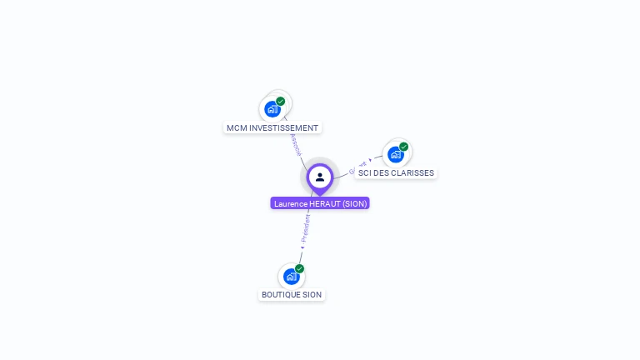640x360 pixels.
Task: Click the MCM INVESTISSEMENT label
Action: [272, 128]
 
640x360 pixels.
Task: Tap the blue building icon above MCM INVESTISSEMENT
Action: [272, 109]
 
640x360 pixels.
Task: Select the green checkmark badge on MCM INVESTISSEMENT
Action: [281, 102]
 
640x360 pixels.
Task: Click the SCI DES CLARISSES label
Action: [396, 173]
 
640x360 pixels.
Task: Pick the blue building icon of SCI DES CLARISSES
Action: [395, 154]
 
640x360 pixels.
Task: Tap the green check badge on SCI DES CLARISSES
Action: [404, 147]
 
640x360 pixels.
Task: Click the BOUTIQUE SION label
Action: [292, 295]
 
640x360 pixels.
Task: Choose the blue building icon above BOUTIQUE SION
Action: [291, 276]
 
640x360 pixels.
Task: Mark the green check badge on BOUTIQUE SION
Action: [300, 268]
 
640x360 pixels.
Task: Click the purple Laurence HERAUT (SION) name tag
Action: [320, 203]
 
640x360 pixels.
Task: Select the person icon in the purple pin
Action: [320, 177]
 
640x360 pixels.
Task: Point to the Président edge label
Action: [306, 228]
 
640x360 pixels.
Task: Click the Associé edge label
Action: [296, 144]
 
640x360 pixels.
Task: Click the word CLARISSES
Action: [413, 173]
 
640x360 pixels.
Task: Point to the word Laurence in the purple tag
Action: [291, 203]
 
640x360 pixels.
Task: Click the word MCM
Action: [237, 128]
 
